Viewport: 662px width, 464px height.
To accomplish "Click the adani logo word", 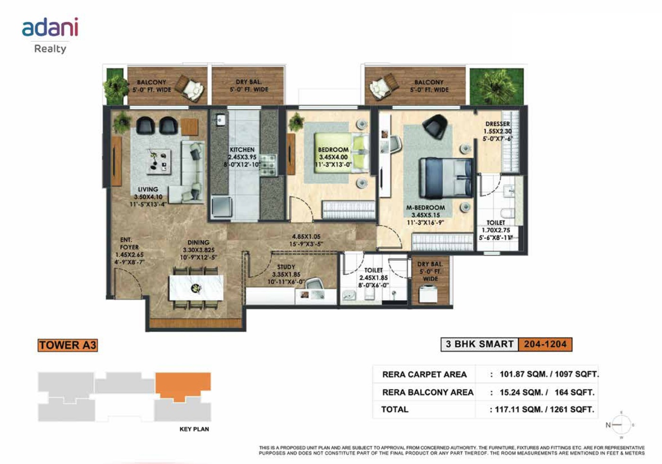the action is pyautogui.click(x=50, y=27).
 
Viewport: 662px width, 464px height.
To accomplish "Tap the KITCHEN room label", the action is pyautogui.click(x=242, y=149).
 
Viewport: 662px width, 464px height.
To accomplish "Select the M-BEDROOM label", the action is pyautogui.click(x=425, y=207).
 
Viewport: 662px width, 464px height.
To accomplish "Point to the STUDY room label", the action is pyautogui.click(x=286, y=267).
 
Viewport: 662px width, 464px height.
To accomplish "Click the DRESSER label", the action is pyautogui.click(x=497, y=124).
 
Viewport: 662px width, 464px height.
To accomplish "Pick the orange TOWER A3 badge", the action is pyautogui.click(x=68, y=345).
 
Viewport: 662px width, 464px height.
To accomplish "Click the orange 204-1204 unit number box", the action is pyautogui.click(x=545, y=344).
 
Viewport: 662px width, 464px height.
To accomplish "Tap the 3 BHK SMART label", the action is pyautogui.click(x=479, y=344).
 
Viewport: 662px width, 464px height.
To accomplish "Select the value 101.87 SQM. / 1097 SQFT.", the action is pyautogui.click(x=549, y=374).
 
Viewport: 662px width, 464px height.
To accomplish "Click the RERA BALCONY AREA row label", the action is pyautogui.click(x=427, y=392).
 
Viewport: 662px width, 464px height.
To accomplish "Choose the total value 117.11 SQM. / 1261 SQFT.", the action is pyautogui.click(x=544, y=409).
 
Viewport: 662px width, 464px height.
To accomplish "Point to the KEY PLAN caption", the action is pyautogui.click(x=194, y=429).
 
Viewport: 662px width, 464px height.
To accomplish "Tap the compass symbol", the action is pyautogui.click(x=621, y=425).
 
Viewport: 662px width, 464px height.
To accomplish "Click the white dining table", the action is pyautogui.click(x=196, y=288).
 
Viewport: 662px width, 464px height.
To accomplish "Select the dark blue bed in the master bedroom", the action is pyautogui.click(x=446, y=178).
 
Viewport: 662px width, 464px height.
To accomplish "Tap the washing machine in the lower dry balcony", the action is pyautogui.click(x=428, y=293).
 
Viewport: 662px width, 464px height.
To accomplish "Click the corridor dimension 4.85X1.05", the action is pyautogui.click(x=306, y=237).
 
